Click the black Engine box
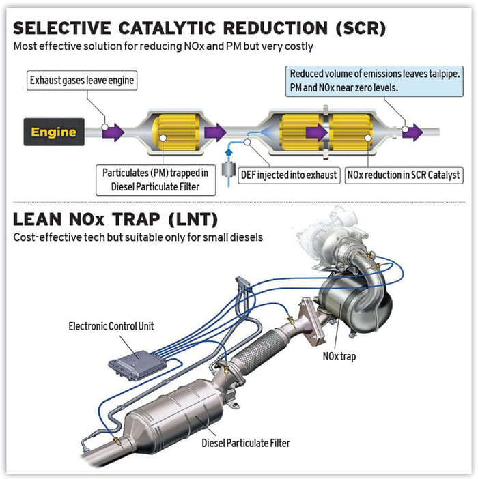pos(53,132)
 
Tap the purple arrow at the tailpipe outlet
pos(412,132)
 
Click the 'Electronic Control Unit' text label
pos(111,326)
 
